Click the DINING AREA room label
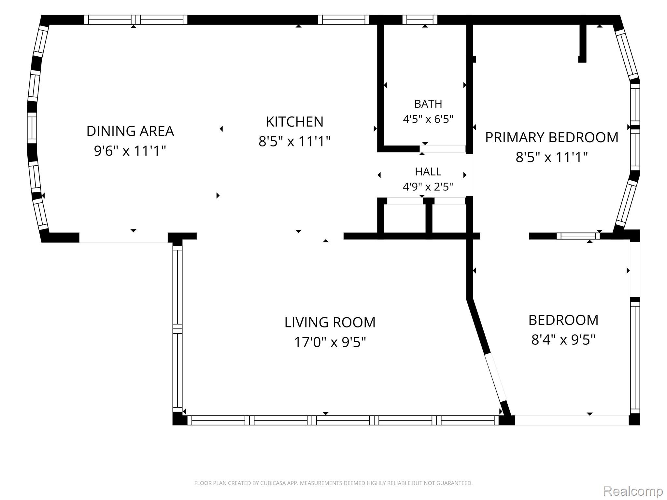pos(130,131)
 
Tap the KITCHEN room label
pos(295,122)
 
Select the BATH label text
pos(428,104)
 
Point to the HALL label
pos(428,172)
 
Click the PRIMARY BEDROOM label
pos(552,137)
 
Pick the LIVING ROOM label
pos(330,322)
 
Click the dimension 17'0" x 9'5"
pos(330,342)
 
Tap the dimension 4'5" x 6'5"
pos(428,119)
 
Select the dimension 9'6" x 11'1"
pos(130,151)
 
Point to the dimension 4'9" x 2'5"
pos(428,187)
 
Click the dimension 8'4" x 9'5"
pos(563,340)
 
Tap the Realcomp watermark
pos(633,491)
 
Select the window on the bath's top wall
pos(420,20)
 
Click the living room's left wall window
pos(177,329)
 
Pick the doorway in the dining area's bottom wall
pos(123,238)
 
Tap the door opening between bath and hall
pos(443,149)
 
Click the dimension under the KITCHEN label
pos(295,142)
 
